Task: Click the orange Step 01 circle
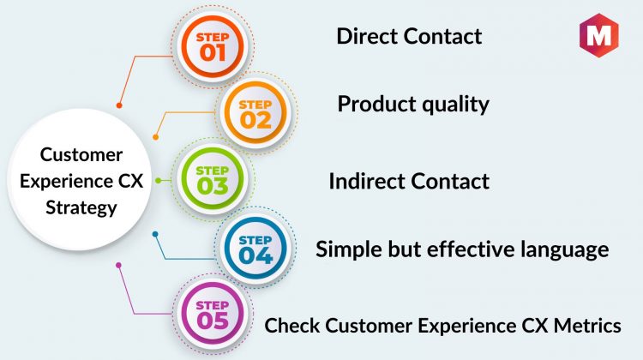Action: pyautogui.click(x=213, y=46)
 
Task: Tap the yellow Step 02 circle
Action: pyautogui.click(x=255, y=113)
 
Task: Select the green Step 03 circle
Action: pyautogui.click(x=213, y=179)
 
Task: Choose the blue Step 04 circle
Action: pyautogui.click(x=255, y=248)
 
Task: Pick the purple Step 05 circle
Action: pyautogui.click(x=213, y=314)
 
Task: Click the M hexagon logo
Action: pyautogui.click(x=598, y=35)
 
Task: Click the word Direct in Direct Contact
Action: pyautogui.click(x=368, y=36)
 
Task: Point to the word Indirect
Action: pyautogui.click(x=366, y=181)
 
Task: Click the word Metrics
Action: pyautogui.click(x=587, y=326)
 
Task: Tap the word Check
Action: pyautogui.click(x=291, y=326)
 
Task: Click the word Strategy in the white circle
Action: pyautogui.click(x=81, y=208)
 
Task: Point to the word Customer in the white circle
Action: pyautogui.click(x=81, y=155)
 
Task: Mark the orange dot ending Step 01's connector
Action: pyautogui.click(x=119, y=105)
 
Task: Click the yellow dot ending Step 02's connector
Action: pyautogui.click(x=155, y=137)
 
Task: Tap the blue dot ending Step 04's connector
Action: pyautogui.click(x=155, y=234)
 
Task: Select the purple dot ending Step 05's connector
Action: pyautogui.click(x=118, y=265)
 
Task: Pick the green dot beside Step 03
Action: pyautogui.click(x=159, y=180)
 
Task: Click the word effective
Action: pyautogui.click(x=471, y=249)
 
